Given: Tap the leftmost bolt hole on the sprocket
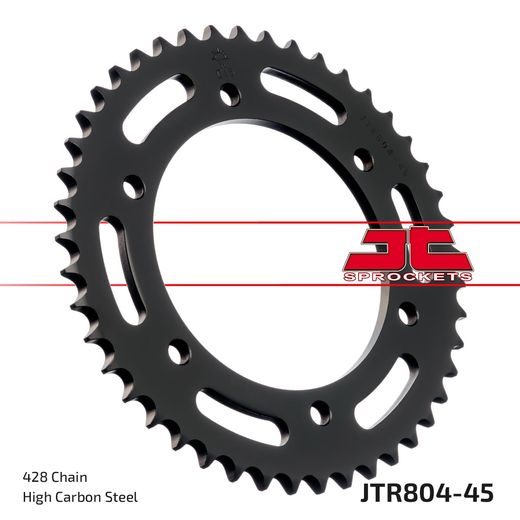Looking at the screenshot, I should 131,187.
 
